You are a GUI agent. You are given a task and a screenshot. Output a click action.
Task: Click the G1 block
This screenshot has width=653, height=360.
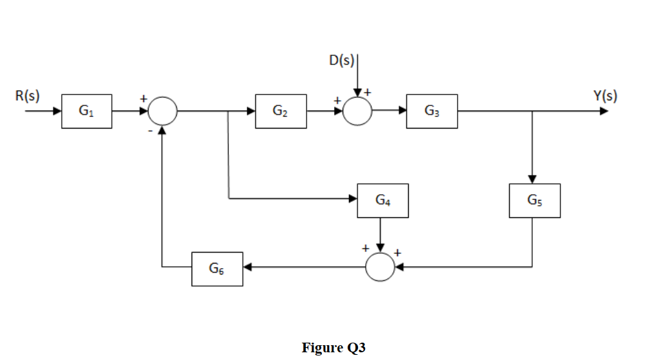pos(87,111)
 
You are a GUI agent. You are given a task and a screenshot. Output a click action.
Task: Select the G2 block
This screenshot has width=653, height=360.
pos(281,111)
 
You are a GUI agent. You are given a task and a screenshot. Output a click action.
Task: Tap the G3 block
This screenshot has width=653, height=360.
pos(432,111)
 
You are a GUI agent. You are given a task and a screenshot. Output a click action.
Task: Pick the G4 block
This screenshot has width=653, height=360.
pos(382,200)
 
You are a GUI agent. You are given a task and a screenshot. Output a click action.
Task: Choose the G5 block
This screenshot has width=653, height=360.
pos(534,200)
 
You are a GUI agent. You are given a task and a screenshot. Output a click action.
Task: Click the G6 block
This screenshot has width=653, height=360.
pos(217,269)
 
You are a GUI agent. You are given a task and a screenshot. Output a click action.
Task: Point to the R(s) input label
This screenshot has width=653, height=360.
pos(28,96)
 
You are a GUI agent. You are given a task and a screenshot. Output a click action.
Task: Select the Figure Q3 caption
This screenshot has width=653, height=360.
pos(334,348)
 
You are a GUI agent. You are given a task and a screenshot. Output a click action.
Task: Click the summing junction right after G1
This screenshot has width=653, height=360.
pos(163,111)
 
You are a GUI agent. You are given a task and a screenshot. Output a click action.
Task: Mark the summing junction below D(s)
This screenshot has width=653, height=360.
pos(357,111)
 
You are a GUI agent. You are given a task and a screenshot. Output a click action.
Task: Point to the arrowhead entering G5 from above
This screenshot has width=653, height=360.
pos(533,179)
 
